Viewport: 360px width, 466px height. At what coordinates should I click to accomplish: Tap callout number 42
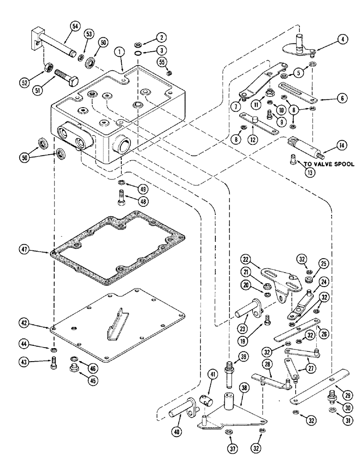coord(25,322)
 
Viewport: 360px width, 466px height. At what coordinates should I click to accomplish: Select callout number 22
coord(246,259)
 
